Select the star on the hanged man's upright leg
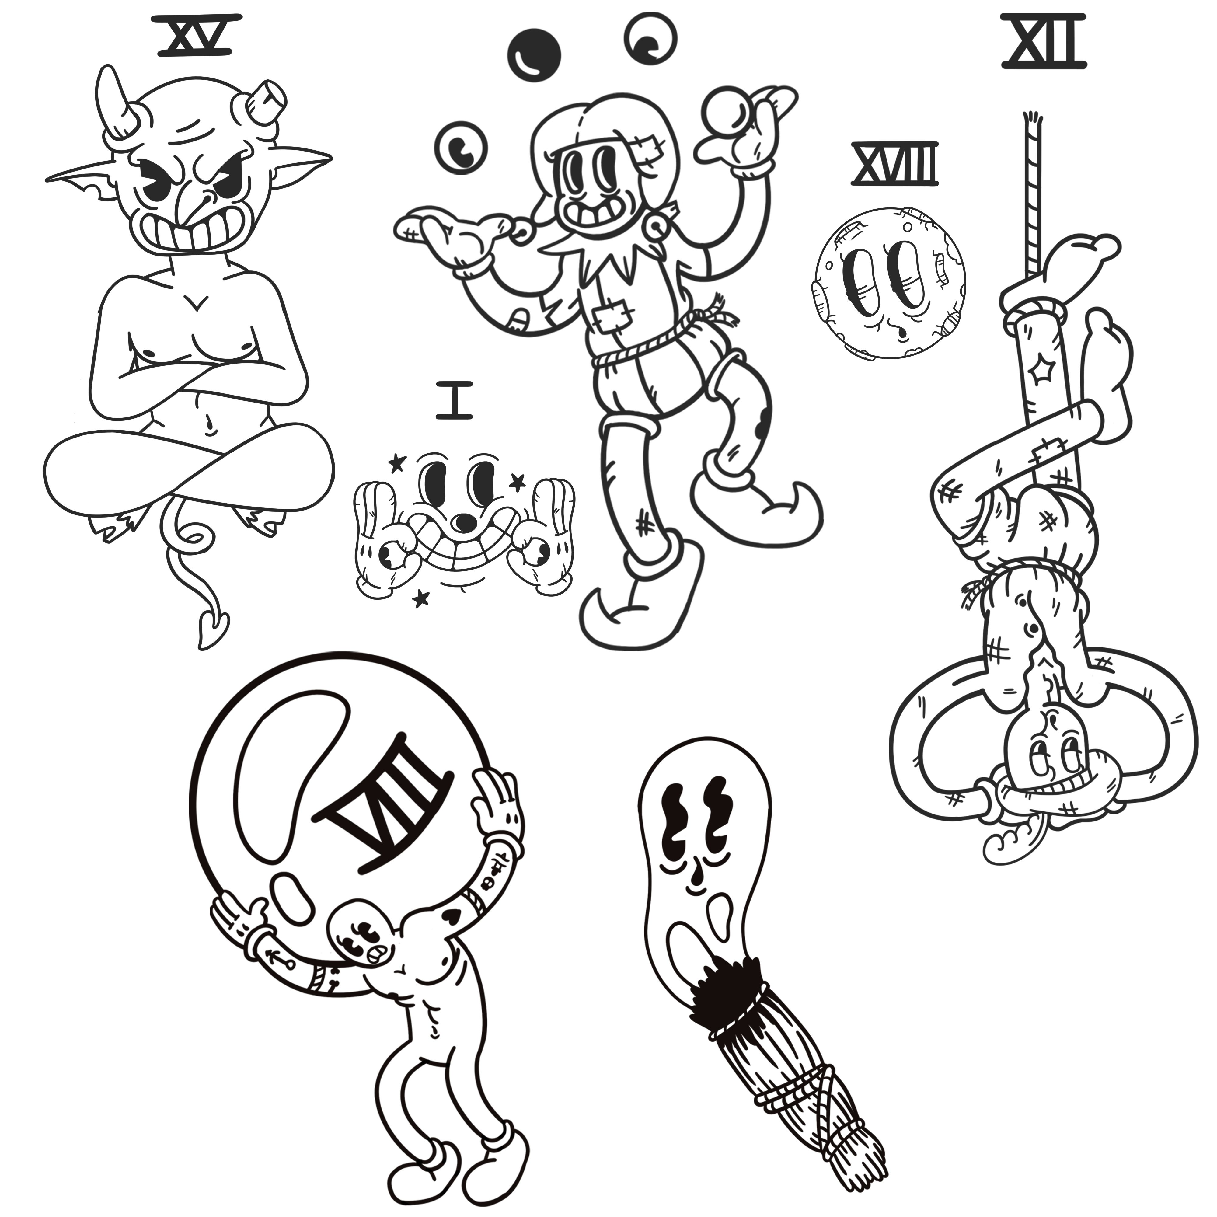tap(1037, 373)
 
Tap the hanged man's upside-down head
tap(1046, 756)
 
